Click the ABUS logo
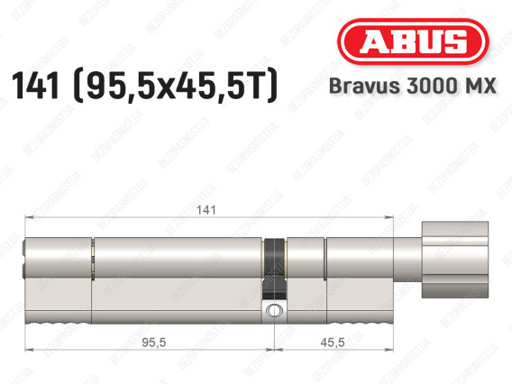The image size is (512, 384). pos(413,41)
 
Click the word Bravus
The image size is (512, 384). pos(364,86)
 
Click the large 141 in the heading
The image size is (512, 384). pos(35,86)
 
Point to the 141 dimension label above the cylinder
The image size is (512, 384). pos(206,210)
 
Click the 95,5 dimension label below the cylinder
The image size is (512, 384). pos(154,343)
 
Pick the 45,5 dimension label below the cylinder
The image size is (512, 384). pos(333,343)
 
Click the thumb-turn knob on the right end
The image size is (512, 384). pos(455,260)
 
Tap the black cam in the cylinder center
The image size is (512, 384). pos(275,269)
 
